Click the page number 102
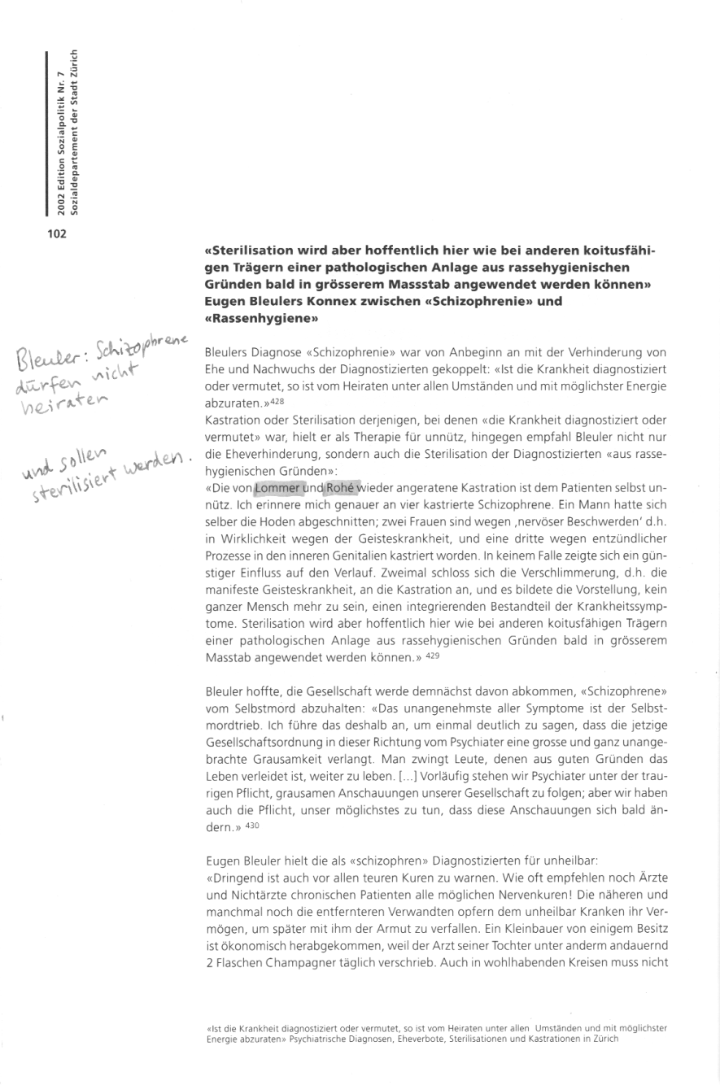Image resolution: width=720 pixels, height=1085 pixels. [x=55, y=235]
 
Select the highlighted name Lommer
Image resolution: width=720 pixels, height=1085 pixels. [x=277, y=488]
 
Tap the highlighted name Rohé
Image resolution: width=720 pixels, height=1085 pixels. [x=342, y=488]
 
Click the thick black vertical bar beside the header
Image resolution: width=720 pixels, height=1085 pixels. [x=48, y=134]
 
